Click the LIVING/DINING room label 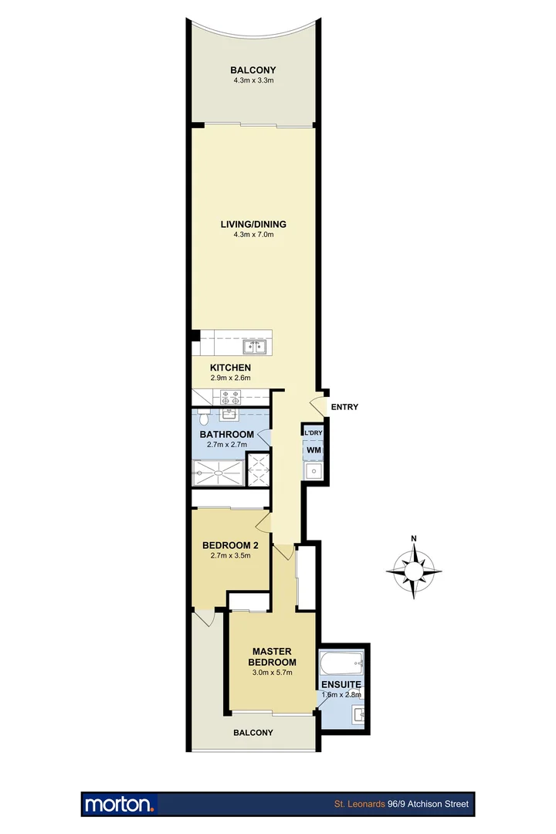253,225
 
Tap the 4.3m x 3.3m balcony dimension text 253,80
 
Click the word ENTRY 344,407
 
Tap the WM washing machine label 314,449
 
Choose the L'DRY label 313,434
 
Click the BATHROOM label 227,435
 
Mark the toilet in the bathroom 202,419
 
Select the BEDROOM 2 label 229,544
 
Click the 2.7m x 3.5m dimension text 229,554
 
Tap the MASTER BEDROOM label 272,657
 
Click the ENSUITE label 342,684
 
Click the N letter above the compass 414,539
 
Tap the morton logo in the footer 120,804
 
